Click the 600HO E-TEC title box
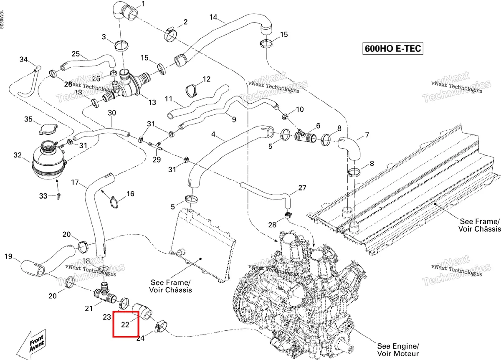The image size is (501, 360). pyautogui.click(x=393, y=48)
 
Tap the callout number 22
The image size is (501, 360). pyautogui.click(x=125, y=325)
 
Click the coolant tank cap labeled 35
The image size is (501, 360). pyautogui.click(x=48, y=129)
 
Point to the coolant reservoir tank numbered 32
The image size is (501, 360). pyautogui.click(x=48, y=160)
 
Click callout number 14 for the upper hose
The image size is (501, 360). pyautogui.click(x=213, y=17)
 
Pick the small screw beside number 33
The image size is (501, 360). pyautogui.click(x=58, y=196)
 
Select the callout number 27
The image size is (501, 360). pyautogui.click(x=302, y=188)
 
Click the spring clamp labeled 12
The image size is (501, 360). pyautogui.click(x=191, y=90)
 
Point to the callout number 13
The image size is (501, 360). pyautogui.click(x=152, y=102)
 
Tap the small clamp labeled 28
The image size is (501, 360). pyautogui.click(x=288, y=215)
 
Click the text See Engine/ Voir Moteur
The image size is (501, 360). pyautogui.click(x=398, y=350)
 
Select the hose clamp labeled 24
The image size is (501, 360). pyautogui.click(x=161, y=327)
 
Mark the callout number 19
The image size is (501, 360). pyautogui.click(x=8, y=256)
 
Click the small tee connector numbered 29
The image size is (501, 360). pyautogui.click(x=155, y=146)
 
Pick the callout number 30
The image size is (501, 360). pyautogui.click(x=112, y=113)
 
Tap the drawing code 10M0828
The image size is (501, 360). pyautogui.click(x=2, y=20)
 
